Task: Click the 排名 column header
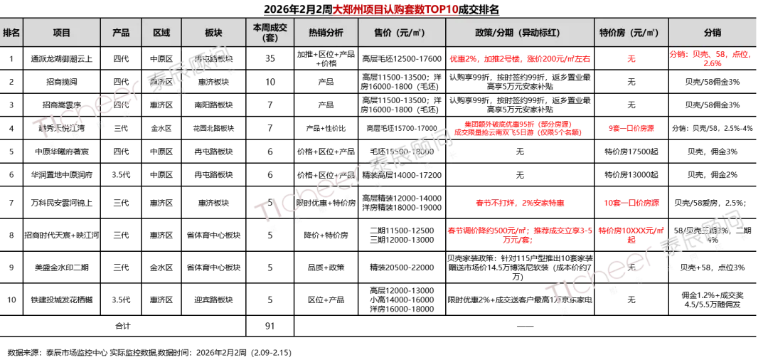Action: tap(11, 33)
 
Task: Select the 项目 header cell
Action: tap(62, 33)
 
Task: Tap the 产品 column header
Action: tap(121, 33)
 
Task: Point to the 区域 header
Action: tap(161, 33)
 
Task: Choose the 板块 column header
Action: tap(214, 33)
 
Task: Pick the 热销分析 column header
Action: tap(326, 33)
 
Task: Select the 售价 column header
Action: tap(402, 33)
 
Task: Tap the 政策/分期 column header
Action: tap(520, 33)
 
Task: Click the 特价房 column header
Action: tap(631, 33)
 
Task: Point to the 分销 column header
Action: tap(712, 33)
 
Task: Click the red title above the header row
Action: tap(395, 10)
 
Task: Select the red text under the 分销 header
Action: tap(711, 58)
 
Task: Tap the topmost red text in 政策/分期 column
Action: tap(520, 58)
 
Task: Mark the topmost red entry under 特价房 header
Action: tap(631, 59)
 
